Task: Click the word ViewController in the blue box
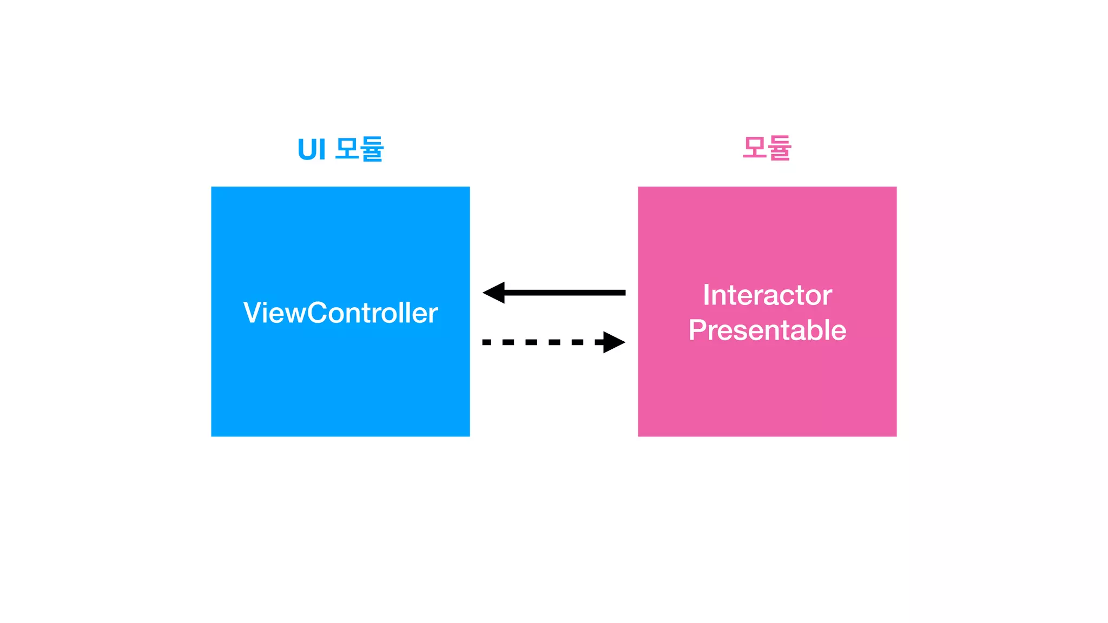pyautogui.click(x=340, y=313)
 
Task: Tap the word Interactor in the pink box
pyautogui.click(x=767, y=295)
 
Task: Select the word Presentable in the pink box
pyautogui.click(x=767, y=330)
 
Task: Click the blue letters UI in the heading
pyautogui.click(x=312, y=150)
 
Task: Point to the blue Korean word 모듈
pyautogui.click(x=359, y=149)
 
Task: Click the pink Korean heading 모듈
pyautogui.click(x=767, y=148)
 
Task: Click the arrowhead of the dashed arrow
pyautogui.click(x=614, y=342)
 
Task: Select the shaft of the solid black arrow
pyautogui.click(x=563, y=293)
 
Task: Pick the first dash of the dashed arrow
pyautogui.click(x=486, y=342)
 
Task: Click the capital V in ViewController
pyautogui.click(x=253, y=313)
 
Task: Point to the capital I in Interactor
pyautogui.click(x=706, y=295)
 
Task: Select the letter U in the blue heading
pyautogui.click(x=307, y=150)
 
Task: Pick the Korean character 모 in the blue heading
pyautogui.click(x=347, y=148)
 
